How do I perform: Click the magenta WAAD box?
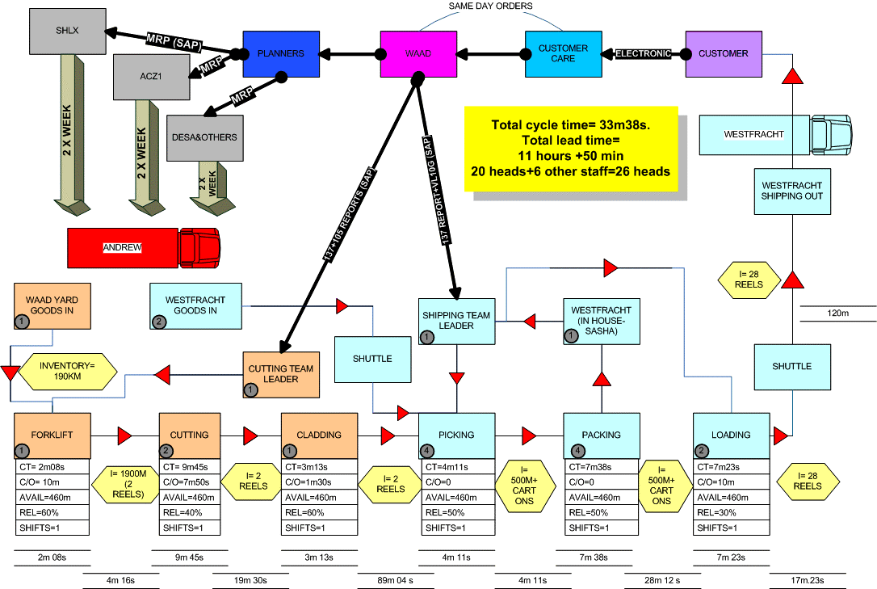click(418, 54)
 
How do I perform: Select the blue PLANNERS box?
click(281, 54)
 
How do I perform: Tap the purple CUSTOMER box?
click(724, 54)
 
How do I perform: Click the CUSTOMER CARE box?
click(563, 54)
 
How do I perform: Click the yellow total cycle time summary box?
click(571, 149)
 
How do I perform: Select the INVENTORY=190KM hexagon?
click(67, 371)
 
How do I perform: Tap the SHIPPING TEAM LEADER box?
click(456, 321)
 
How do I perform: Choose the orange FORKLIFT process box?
click(53, 435)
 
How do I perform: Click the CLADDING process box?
click(319, 435)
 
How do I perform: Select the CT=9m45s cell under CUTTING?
click(197, 466)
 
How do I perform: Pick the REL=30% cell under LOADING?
click(731, 512)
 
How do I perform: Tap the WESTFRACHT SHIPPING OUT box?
click(792, 191)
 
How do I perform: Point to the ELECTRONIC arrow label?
click(644, 54)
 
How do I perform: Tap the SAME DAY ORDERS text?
click(491, 6)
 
